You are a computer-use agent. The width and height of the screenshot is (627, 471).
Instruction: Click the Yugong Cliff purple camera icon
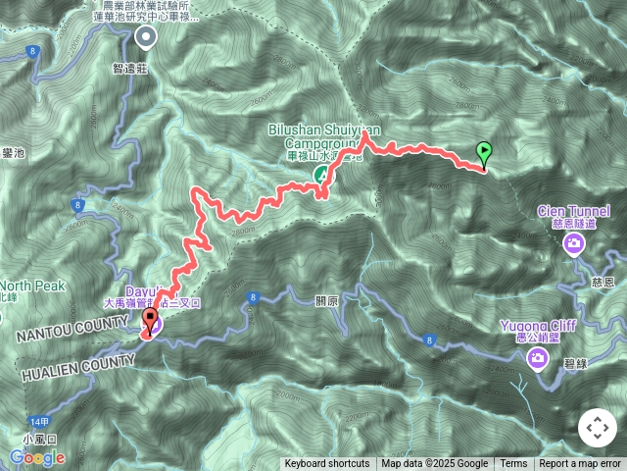538,359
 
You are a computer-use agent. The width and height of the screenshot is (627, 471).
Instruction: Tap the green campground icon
320,175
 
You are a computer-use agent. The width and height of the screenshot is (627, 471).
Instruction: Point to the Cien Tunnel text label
574,211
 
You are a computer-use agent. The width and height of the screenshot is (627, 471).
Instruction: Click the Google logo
37,457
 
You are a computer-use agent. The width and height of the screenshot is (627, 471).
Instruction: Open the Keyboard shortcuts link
327,464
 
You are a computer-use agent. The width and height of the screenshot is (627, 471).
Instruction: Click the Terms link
513,464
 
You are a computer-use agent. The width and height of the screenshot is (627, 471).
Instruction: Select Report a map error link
580,464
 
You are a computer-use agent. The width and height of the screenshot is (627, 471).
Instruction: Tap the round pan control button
598,428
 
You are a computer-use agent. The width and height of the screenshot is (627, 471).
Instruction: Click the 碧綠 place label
576,364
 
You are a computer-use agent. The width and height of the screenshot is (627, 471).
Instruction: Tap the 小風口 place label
43,441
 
